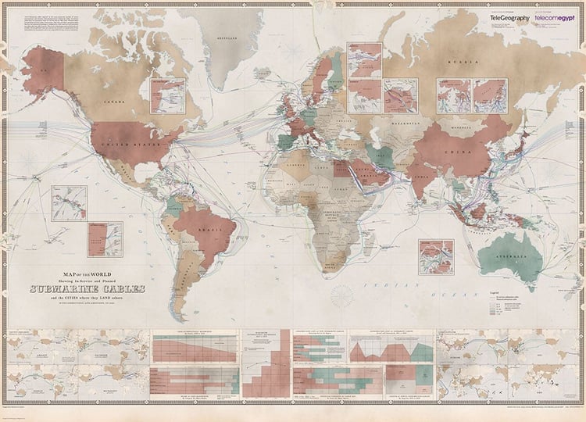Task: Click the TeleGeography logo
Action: [509, 17]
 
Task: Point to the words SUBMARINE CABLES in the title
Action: [87, 289]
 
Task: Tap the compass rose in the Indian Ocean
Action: [342, 295]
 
